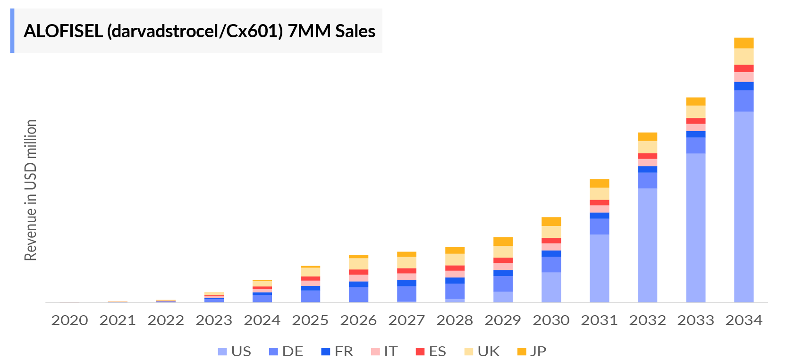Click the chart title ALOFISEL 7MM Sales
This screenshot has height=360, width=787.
(x=199, y=31)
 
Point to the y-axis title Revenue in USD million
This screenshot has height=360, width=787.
(x=31, y=190)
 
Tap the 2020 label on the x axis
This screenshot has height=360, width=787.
(x=69, y=320)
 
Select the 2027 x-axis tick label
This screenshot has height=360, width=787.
(x=406, y=320)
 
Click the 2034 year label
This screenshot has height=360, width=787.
(x=744, y=320)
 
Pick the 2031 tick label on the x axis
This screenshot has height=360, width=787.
(x=599, y=320)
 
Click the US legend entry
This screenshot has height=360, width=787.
(x=235, y=352)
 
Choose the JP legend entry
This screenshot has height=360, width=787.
(x=532, y=352)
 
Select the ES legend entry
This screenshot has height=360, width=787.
(x=431, y=352)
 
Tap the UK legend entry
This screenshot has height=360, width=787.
(x=482, y=352)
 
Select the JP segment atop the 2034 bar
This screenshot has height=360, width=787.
(x=744, y=43)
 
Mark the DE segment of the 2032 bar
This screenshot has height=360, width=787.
(x=647, y=180)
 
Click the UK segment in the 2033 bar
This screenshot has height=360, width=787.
(x=695, y=112)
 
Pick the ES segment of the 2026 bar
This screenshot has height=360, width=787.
(x=358, y=272)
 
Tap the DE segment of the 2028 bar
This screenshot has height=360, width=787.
(x=455, y=291)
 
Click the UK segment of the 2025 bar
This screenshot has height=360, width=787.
(x=310, y=272)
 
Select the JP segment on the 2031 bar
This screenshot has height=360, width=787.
(x=599, y=184)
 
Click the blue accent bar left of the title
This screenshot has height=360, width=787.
(x=12, y=31)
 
